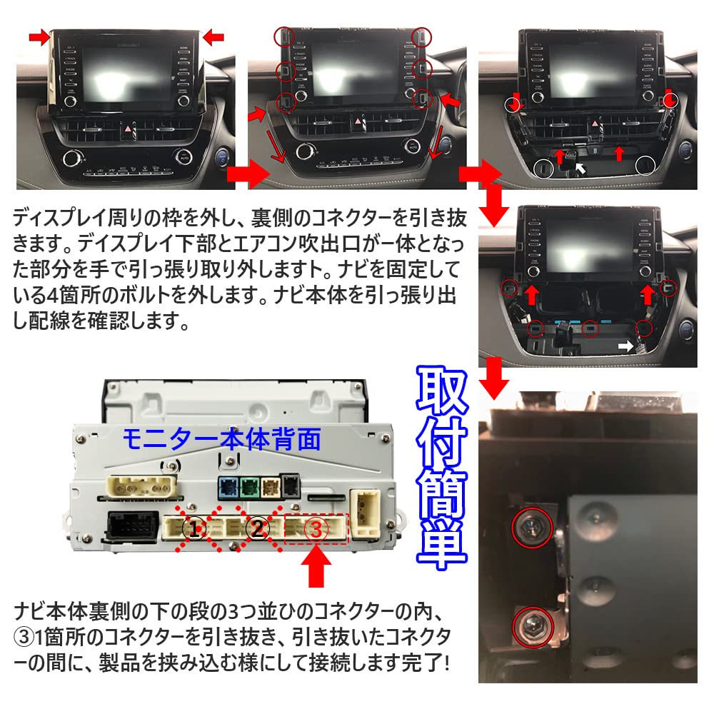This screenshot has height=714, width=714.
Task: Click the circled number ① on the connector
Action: pos(193,529)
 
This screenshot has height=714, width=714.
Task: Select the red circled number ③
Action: pos(316,529)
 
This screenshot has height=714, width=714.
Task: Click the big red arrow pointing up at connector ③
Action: pos(317,568)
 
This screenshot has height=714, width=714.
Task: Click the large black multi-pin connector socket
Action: pos(133,527)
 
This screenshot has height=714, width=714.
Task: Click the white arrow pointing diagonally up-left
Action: pos(583,169)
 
